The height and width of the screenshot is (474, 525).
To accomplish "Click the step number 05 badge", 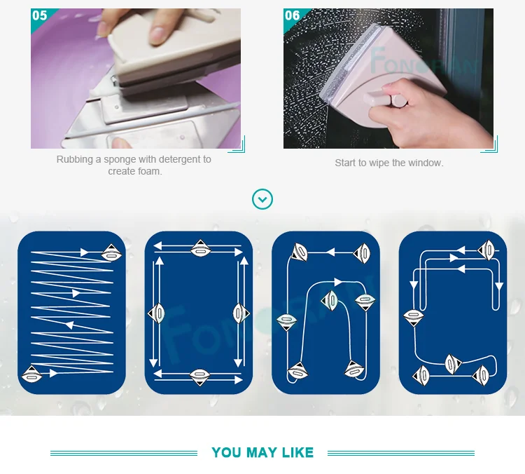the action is (39, 15).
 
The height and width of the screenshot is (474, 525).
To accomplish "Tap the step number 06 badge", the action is (293, 15).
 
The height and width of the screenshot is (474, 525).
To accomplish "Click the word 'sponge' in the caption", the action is (119, 160).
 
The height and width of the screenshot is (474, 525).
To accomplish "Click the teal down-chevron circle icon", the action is (262, 199).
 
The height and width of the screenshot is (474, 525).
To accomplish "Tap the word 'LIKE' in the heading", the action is (297, 452).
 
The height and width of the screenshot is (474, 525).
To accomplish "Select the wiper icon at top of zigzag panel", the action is (111, 253).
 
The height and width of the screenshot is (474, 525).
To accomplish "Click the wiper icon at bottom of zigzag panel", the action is (31, 374).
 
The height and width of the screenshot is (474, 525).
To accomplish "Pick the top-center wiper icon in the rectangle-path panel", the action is (200, 249).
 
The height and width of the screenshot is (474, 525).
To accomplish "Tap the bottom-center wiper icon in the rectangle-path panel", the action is (199, 377).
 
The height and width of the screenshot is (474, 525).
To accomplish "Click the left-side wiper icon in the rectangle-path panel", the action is (156, 313).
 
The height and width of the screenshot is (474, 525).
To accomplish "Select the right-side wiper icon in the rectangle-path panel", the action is (241, 313).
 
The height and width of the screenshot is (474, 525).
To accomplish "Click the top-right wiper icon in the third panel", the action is (362, 253).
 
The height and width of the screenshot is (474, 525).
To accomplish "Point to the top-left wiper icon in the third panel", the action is (299, 252).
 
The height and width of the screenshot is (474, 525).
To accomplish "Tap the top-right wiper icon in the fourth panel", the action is (486, 250).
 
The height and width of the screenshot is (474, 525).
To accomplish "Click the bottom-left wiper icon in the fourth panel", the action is (421, 375).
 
